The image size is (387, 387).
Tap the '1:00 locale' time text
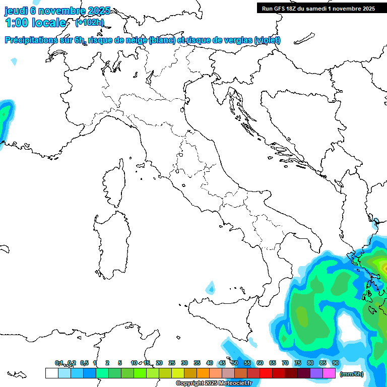coord(35,23)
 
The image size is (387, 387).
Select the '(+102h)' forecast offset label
coord(89,22)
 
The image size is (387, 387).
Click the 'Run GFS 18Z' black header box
coord(318,8)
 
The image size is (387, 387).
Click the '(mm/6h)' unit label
coord(351,374)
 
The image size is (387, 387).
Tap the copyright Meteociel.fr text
coord(214,383)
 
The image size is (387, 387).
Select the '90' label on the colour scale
coord(335,363)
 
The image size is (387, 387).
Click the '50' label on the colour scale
coord(235,363)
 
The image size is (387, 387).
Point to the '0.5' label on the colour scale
coord(84,363)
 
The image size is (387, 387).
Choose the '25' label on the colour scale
coord(172,363)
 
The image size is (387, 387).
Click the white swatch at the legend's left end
coord(51,373)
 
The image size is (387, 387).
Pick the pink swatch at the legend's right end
coord(329,373)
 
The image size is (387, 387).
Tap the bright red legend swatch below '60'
coord(266,373)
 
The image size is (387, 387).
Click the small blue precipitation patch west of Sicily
coord(210,289)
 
